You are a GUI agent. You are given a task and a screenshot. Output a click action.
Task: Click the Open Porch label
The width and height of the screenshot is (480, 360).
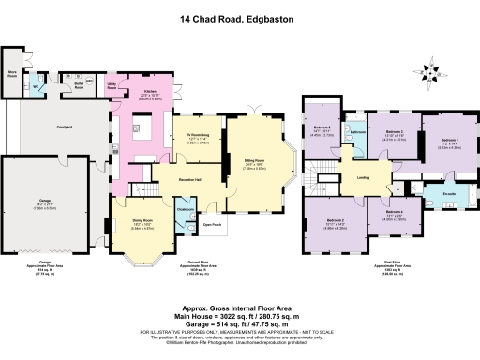point(212,226)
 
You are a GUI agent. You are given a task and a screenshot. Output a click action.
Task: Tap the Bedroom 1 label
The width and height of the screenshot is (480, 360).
point(450,142)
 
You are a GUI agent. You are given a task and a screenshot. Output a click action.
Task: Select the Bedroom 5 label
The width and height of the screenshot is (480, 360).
point(321,129)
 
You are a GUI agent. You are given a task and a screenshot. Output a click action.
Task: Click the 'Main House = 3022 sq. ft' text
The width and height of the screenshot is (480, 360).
point(240,319)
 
